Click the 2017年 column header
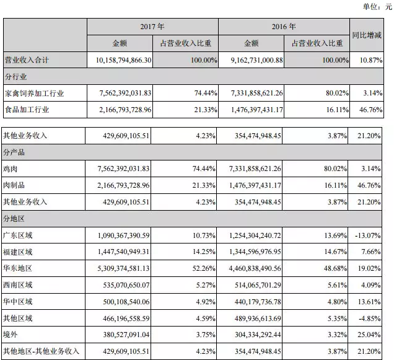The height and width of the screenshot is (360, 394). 152,27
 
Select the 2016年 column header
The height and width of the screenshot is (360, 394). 284,27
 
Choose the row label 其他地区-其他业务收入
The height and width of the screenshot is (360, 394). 42,351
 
